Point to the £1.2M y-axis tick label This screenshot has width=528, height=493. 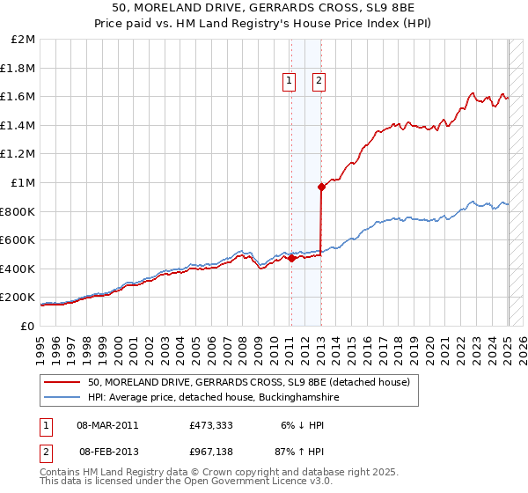pos(18,154)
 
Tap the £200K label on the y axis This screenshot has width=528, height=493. pos(18,298)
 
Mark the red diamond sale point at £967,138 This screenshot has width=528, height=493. pos(321,187)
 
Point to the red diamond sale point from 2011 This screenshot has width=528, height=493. pos(291,258)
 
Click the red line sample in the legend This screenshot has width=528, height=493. pos(62,382)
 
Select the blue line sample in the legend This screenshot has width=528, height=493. pos(62,398)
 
